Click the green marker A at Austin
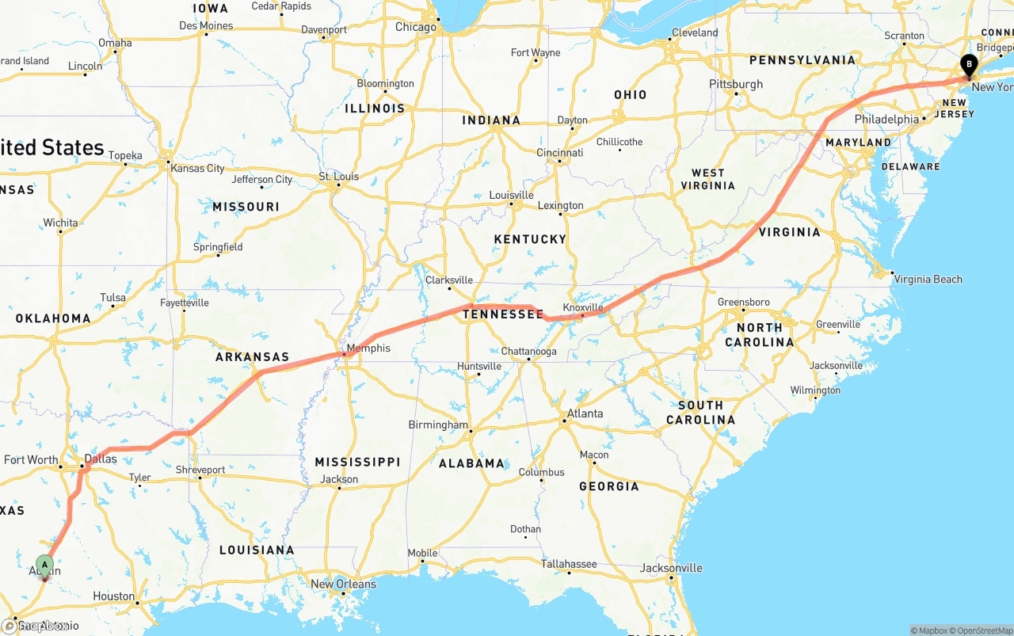click(45, 566)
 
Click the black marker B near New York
click(968, 65)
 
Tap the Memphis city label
click(368, 348)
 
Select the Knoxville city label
click(583, 307)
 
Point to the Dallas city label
click(101, 459)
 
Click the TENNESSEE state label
click(503, 314)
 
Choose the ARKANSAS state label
click(252, 357)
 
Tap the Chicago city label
click(416, 27)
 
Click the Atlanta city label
click(585, 413)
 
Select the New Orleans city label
click(343, 584)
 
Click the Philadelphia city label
click(886, 120)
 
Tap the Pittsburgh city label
click(736, 84)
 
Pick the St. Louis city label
click(338, 176)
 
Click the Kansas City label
click(197, 168)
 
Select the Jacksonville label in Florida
click(671, 568)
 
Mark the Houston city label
click(113, 596)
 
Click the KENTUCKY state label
click(530, 239)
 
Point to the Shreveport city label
click(200, 470)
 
